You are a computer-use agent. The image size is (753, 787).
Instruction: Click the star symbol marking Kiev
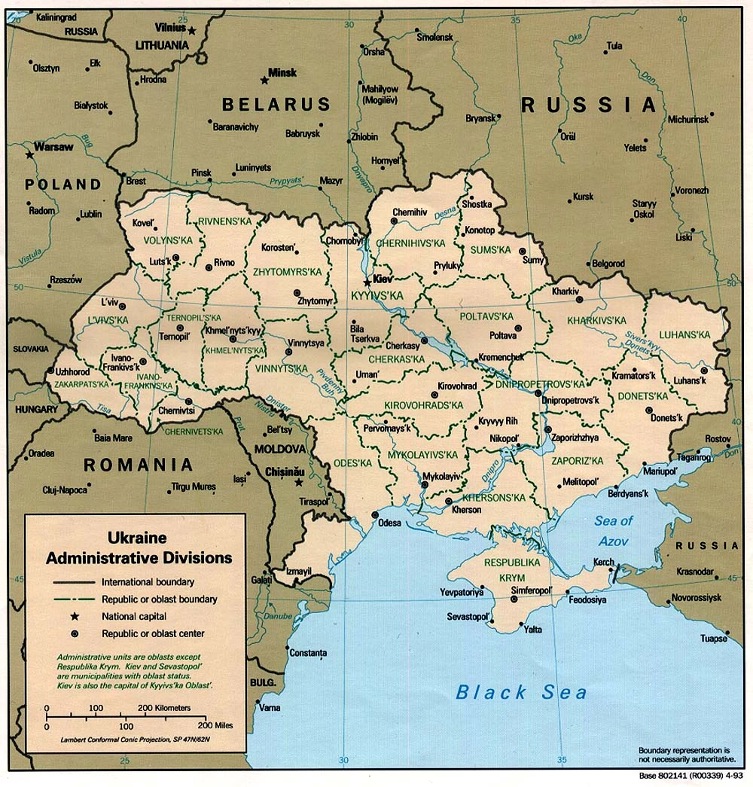point(367,282)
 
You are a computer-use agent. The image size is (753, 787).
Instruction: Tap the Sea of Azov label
point(614,530)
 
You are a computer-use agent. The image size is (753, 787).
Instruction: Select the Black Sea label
point(521,691)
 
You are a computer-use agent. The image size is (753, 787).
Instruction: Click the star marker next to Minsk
point(264,80)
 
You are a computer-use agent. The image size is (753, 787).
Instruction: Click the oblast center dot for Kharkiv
point(580,300)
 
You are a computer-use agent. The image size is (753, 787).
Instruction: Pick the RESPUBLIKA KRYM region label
point(512,569)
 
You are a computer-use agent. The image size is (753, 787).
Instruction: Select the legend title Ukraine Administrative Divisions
point(138,548)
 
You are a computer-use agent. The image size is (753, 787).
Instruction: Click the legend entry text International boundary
point(148,581)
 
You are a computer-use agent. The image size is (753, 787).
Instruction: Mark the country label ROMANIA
point(139,465)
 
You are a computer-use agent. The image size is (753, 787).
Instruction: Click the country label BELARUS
point(276,104)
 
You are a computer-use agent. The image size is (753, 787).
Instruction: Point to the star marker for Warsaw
point(29,154)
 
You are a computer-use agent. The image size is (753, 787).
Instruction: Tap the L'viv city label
point(99,301)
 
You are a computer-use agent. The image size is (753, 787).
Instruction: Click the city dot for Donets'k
point(648,410)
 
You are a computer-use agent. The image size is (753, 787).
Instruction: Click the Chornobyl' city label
point(343,241)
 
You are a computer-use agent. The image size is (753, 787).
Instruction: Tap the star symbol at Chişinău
point(299,482)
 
